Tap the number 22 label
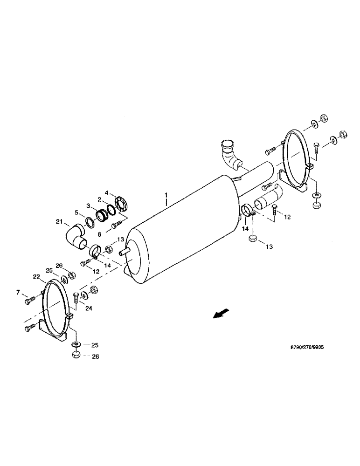pyautogui.click(x=36, y=276)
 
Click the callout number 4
pyautogui.click(x=106, y=192)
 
